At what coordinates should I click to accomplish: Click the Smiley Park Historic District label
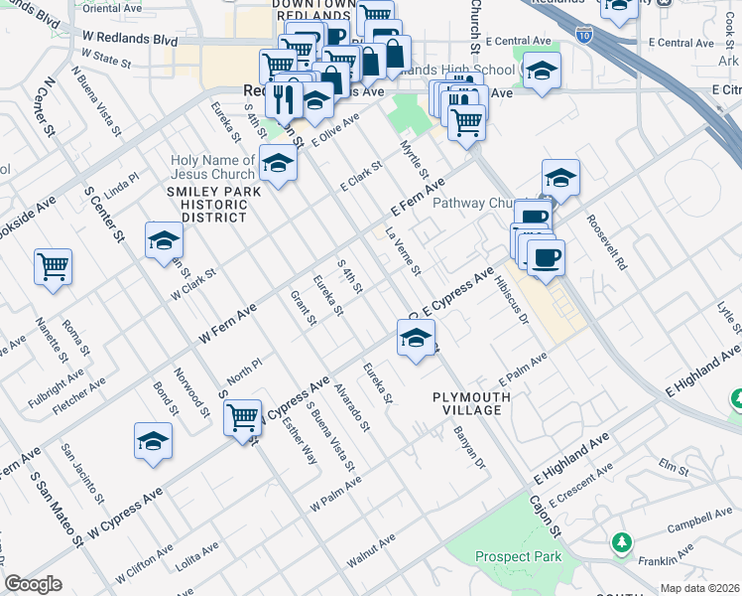tap(206, 204)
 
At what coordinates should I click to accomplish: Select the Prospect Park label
tap(518, 557)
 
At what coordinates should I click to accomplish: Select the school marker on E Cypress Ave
tap(417, 339)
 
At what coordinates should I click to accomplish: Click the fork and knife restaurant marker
tap(286, 99)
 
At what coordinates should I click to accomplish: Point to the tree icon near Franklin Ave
tap(621, 542)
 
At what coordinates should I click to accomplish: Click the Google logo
tap(34, 583)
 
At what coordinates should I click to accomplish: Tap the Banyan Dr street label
tap(469, 447)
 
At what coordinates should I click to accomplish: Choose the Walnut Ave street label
tap(371, 551)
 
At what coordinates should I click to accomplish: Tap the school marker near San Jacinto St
tap(153, 443)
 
